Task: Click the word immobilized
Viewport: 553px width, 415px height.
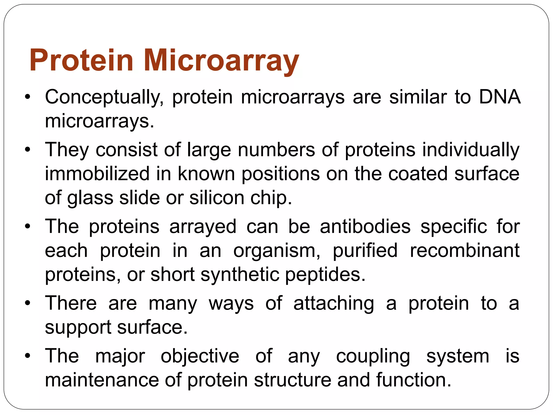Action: (97, 173)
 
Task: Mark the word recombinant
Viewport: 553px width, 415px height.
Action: (464, 250)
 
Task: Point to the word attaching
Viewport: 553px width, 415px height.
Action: (334, 304)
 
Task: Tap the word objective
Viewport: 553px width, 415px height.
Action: (200, 356)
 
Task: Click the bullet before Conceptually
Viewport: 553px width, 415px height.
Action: (27, 97)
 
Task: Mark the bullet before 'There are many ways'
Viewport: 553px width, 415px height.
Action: (27, 304)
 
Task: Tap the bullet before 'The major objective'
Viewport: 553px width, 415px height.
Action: (27, 356)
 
